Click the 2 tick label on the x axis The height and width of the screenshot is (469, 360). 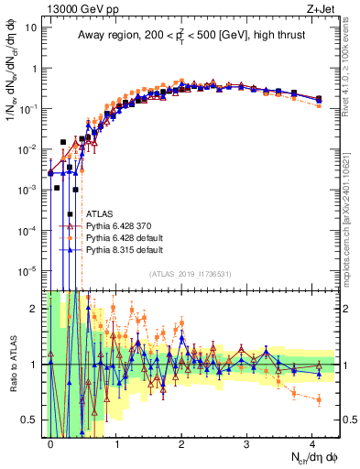[182, 442]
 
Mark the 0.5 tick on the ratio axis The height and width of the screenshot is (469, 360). [32, 420]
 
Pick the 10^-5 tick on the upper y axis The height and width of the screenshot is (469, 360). [27, 270]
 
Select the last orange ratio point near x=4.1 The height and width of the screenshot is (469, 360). [318, 399]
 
